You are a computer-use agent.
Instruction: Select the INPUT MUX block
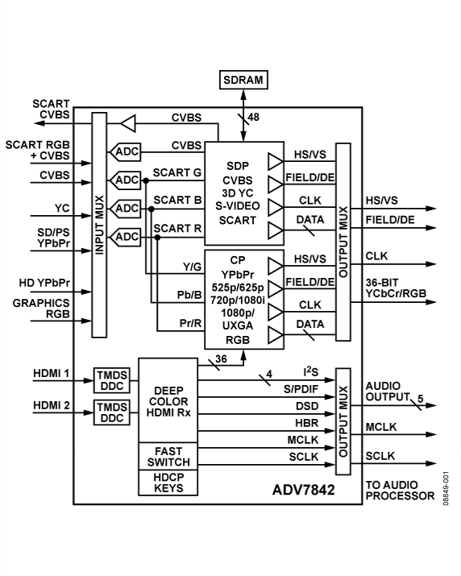pyautogui.click(x=100, y=225)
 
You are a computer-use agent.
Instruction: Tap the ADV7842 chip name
pyautogui.click(x=305, y=488)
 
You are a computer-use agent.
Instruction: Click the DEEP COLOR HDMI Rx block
pyautogui.click(x=168, y=400)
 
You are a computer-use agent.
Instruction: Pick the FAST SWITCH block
pyautogui.click(x=168, y=457)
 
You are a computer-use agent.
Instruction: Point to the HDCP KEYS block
pyautogui.click(x=168, y=486)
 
